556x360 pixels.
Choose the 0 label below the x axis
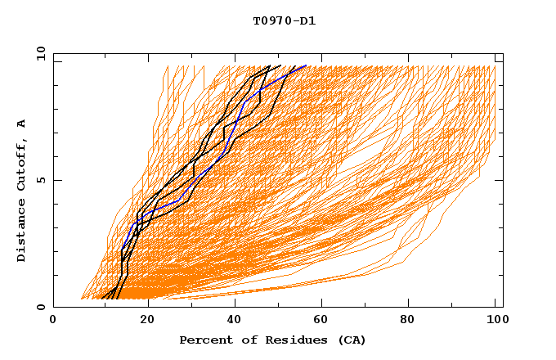[x=53, y=321]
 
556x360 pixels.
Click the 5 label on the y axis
[x=40, y=180]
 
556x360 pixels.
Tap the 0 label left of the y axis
[x=40, y=307]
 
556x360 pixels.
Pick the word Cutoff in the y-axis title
[x=21, y=168]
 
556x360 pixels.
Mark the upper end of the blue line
[x=306, y=66]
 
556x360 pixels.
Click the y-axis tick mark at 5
[x=56, y=180]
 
